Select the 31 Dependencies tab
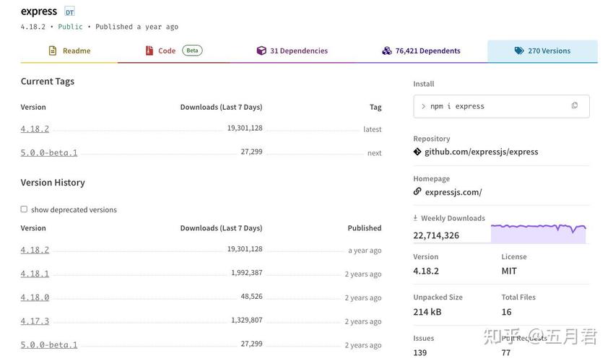tap(292, 51)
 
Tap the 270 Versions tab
tap(542, 51)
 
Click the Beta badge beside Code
tap(192, 51)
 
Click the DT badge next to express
tap(69, 12)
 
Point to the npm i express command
tap(457, 106)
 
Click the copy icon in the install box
tap(575, 105)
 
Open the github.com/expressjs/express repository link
tap(481, 152)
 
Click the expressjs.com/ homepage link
tap(453, 192)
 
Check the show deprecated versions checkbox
tap(24, 209)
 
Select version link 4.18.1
tap(35, 274)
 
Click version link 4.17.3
tap(35, 321)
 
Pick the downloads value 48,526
tap(251, 296)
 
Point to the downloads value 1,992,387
tap(246, 273)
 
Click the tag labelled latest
tap(372, 129)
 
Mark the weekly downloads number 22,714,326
tap(436, 235)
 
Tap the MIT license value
tap(509, 271)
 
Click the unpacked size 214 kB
tap(427, 312)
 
